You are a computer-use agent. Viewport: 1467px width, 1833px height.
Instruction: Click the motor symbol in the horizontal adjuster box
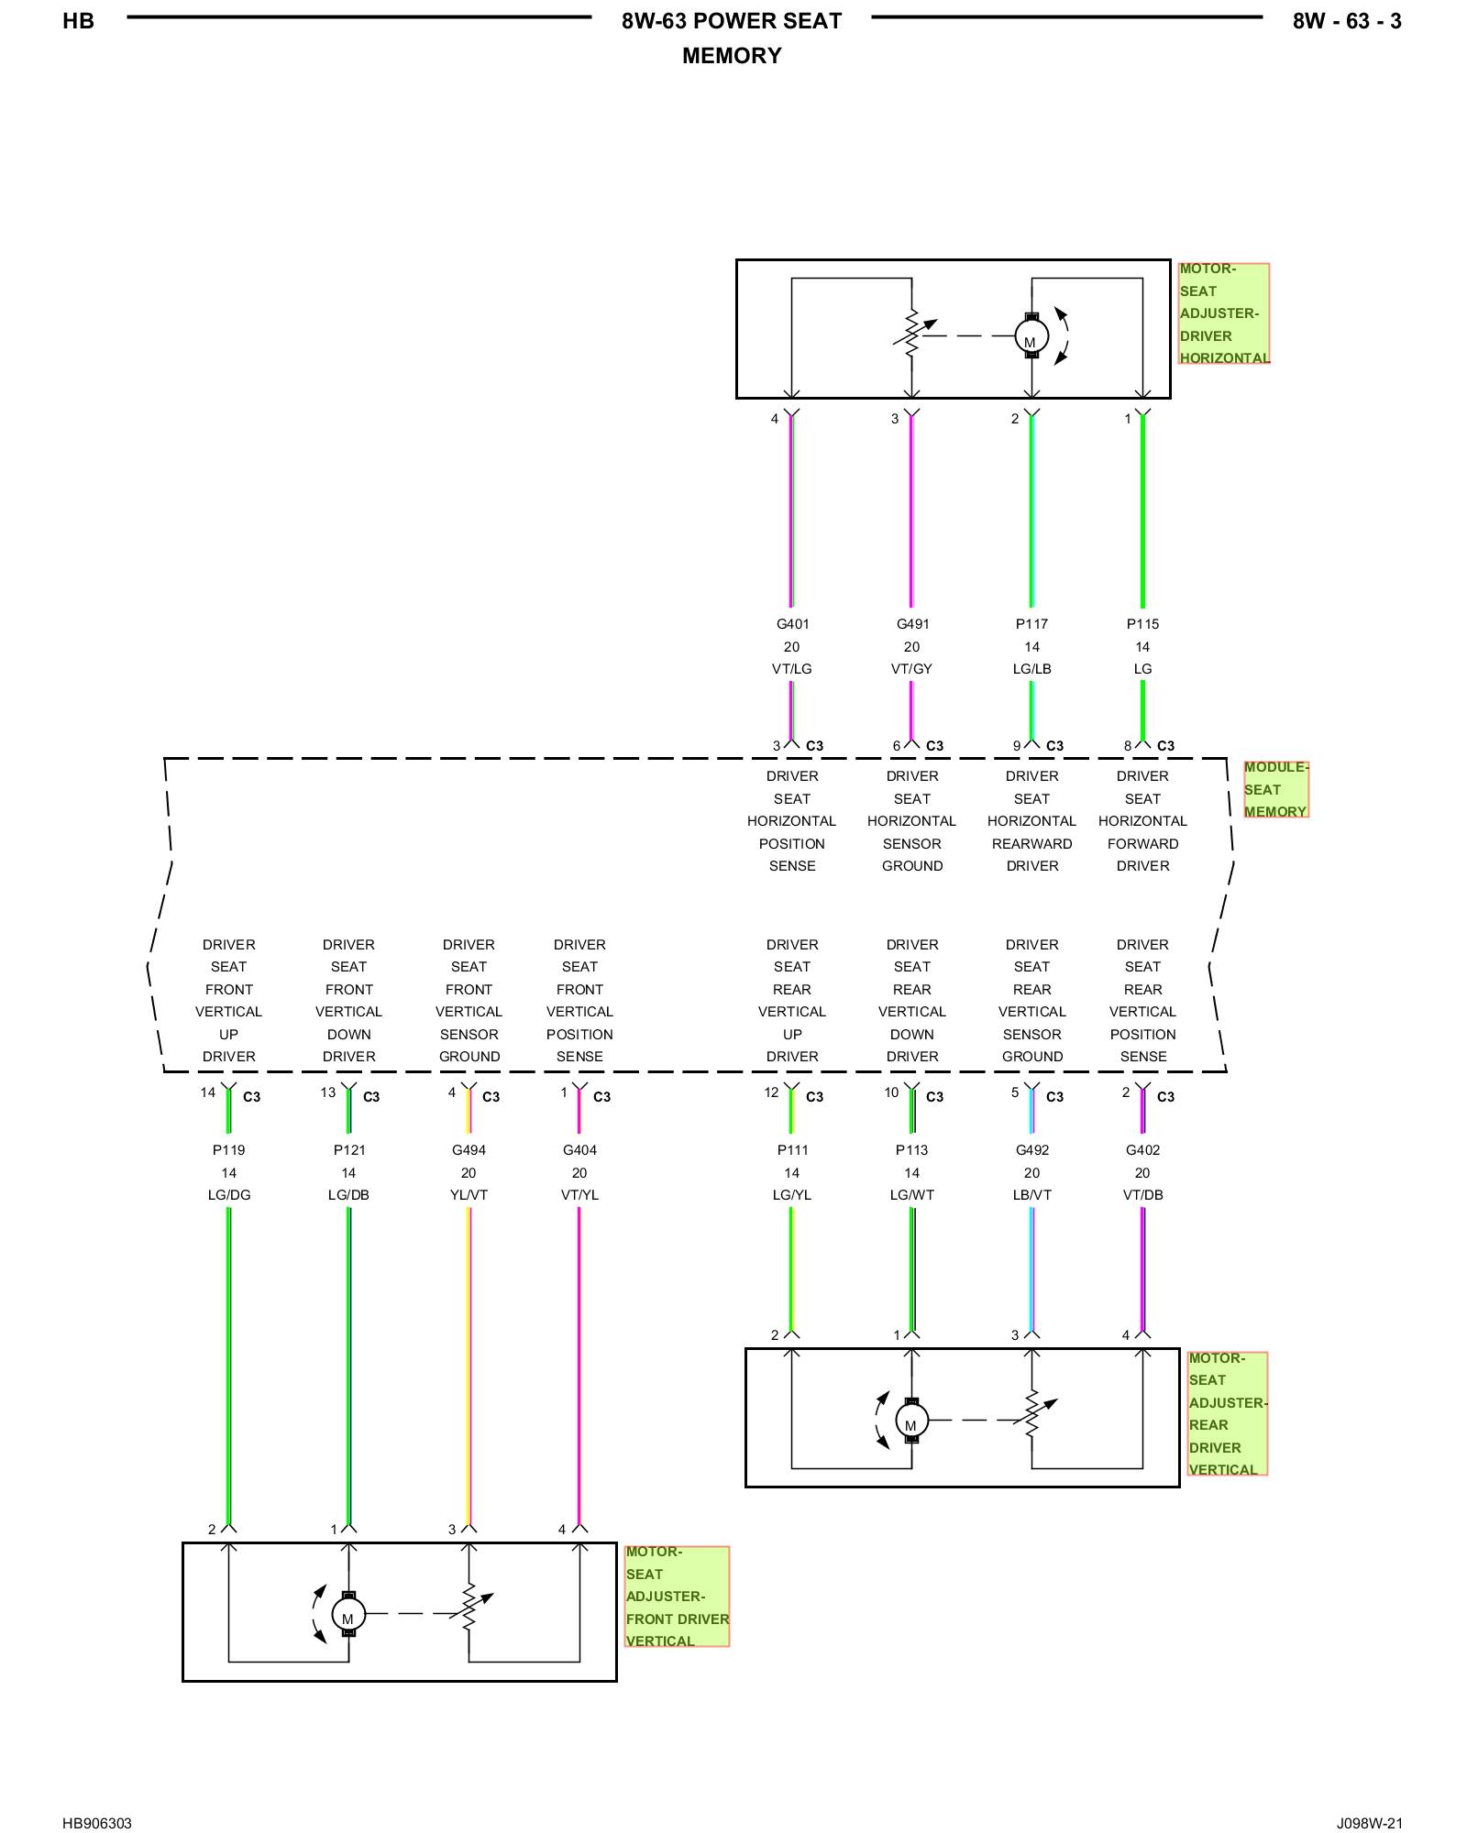1031,336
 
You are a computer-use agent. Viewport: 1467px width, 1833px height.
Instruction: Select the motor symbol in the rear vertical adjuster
911,1421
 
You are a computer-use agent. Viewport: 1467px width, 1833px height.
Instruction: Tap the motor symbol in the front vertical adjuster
348,1614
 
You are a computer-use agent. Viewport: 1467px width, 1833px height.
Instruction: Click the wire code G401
792,624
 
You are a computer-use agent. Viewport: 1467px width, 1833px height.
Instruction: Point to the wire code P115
1142,624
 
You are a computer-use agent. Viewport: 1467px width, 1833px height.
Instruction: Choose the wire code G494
469,1150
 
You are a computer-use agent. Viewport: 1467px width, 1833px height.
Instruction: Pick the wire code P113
911,1150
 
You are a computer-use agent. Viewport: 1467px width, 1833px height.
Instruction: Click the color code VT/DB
1142,1195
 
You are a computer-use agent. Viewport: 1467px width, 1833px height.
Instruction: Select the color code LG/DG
228,1195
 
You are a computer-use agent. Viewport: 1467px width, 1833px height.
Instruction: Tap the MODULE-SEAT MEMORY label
1275,789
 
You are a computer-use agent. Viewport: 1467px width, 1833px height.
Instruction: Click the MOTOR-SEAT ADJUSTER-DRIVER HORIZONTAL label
1224,313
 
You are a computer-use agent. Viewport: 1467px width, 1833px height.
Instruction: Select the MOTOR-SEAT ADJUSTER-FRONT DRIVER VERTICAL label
677,1597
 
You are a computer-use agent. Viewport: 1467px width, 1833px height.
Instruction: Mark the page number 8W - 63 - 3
1347,21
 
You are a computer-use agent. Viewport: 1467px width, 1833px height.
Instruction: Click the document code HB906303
97,1823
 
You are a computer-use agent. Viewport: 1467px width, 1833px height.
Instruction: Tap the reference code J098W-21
1369,1823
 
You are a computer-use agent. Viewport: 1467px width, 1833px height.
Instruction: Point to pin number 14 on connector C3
208,1092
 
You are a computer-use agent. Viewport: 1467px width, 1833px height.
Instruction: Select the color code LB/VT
1032,1195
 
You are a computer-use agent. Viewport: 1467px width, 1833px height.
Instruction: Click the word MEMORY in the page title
732,56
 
